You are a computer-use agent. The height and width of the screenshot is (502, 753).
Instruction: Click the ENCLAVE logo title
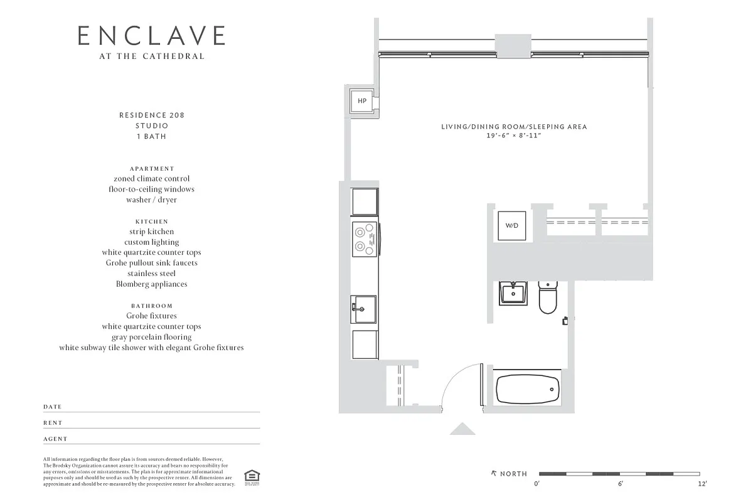click(x=151, y=36)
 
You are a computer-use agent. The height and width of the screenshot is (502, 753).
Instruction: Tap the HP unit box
click(x=362, y=101)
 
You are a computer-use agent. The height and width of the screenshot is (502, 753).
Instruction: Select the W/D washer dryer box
click(x=512, y=225)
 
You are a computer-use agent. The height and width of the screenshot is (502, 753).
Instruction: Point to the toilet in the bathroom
click(x=548, y=297)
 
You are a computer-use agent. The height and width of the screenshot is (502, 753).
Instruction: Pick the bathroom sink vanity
click(x=513, y=293)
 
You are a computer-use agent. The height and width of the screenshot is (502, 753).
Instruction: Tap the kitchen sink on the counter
click(x=364, y=308)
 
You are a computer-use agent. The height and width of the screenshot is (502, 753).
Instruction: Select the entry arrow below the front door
click(x=463, y=429)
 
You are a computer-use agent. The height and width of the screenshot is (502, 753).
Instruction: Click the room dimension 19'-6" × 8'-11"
click(x=514, y=136)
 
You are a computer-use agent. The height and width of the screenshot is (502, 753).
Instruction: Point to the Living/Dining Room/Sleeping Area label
click(x=514, y=127)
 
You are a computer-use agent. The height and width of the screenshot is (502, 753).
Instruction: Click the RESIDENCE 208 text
click(x=151, y=115)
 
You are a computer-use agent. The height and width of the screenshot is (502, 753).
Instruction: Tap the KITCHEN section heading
click(x=151, y=222)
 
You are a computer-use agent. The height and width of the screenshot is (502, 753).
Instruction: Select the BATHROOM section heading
click(x=151, y=306)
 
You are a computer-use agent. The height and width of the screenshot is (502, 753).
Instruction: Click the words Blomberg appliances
click(x=151, y=284)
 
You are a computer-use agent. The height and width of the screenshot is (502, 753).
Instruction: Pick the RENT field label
click(x=53, y=423)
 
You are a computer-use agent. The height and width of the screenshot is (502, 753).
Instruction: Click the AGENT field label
click(x=55, y=439)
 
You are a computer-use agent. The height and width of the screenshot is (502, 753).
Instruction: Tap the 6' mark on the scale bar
click(x=620, y=484)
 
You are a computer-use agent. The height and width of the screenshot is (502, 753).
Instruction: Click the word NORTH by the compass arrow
click(x=513, y=474)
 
